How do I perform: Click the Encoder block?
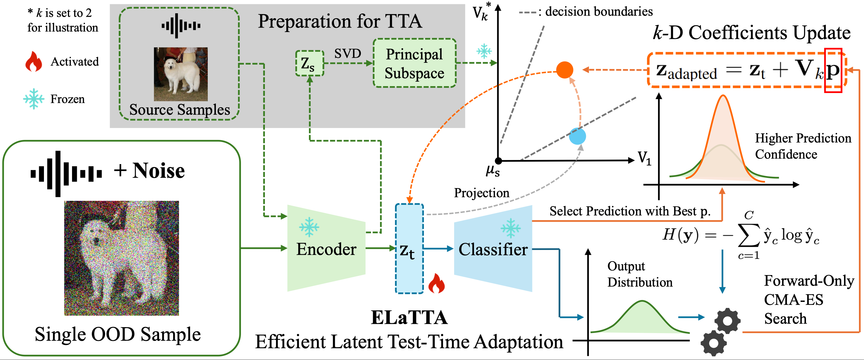click(x=326, y=248)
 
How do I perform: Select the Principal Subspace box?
click(x=414, y=63)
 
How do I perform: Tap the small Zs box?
click(x=309, y=63)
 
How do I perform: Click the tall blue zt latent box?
click(x=409, y=248)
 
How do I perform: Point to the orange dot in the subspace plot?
click(x=564, y=70)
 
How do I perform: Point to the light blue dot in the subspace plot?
click(x=577, y=136)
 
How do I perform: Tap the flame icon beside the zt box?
click(x=436, y=283)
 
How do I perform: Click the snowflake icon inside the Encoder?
click(x=309, y=227)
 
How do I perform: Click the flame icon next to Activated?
click(x=33, y=62)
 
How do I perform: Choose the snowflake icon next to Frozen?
click(x=33, y=99)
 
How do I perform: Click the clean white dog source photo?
click(x=181, y=74)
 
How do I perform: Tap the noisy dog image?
click(x=121, y=258)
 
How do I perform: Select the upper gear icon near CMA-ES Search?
click(x=727, y=321)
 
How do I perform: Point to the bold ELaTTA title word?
click(x=409, y=317)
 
